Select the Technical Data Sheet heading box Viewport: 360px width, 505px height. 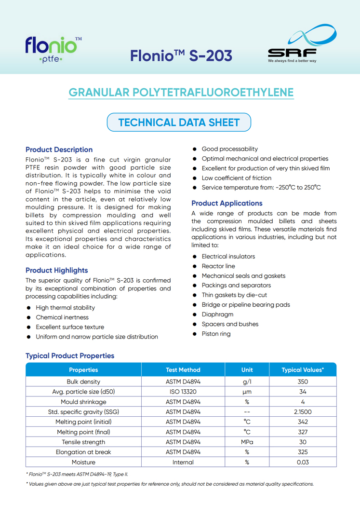[179, 123]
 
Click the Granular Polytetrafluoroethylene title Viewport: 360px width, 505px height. [181, 93]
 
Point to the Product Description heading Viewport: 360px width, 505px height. [59, 150]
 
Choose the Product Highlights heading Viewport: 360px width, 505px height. [56, 270]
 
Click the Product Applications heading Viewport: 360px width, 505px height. [227, 203]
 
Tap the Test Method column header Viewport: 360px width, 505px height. [183, 370]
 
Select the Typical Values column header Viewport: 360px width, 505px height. [303, 370]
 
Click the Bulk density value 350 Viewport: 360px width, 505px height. [303, 382]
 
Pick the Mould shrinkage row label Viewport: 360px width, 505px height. [83, 402]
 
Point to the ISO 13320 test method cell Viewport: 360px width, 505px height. [183, 392]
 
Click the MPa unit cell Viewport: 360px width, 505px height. [247, 442]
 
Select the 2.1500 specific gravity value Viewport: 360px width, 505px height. [303, 412]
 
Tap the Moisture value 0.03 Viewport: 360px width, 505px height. [303, 462]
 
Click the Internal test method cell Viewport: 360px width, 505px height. [183, 462]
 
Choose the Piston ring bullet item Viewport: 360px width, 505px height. [216, 334]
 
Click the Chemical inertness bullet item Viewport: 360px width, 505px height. [62, 317]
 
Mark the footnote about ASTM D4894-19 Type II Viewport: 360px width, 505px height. [77, 475]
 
